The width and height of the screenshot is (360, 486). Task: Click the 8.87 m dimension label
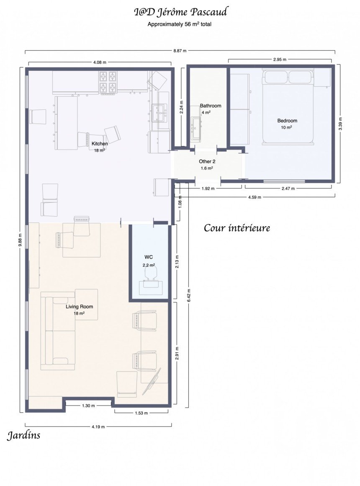pyautogui.click(x=180, y=51)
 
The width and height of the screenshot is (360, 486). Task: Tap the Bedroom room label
pyautogui.click(x=287, y=121)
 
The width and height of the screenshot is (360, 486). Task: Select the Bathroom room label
pyautogui.click(x=211, y=106)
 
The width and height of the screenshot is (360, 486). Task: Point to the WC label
pyautogui.click(x=149, y=257)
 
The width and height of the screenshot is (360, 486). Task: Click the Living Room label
pyautogui.click(x=79, y=307)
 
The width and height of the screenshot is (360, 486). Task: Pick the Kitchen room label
pyautogui.click(x=100, y=144)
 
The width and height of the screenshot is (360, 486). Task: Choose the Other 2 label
pyautogui.click(x=207, y=161)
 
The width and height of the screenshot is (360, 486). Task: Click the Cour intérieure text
pyautogui.click(x=237, y=228)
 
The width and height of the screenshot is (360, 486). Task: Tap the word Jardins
pyautogui.click(x=24, y=435)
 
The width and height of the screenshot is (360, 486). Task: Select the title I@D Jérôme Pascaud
pyautogui.click(x=180, y=12)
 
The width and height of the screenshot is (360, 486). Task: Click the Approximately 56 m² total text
pyautogui.click(x=180, y=24)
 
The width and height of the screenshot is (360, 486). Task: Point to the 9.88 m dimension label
pyautogui.click(x=20, y=240)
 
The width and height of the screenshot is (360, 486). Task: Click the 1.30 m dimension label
pyautogui.click(x=88, y=406)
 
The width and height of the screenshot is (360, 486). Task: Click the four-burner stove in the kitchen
pyautogui.click(x=108, y=83)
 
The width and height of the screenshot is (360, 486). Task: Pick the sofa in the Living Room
pyautogui.click(x=58, y=331)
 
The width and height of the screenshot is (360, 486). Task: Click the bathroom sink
pyautogui.click(x=196, y=128)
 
